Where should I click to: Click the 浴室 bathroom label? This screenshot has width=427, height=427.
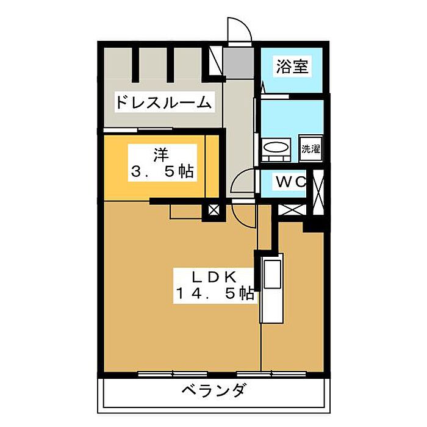tap(291, 66)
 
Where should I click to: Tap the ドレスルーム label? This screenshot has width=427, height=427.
tap(163, 102)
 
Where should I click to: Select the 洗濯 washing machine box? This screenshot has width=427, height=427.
tap(310, 148)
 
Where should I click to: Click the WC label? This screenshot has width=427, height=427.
tap(289, 182)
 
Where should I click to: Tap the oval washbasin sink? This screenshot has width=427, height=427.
tap(278, 149)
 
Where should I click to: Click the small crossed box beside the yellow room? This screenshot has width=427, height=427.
tap(213, 211)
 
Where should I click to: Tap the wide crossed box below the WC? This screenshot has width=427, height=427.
tap(289, 210)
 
